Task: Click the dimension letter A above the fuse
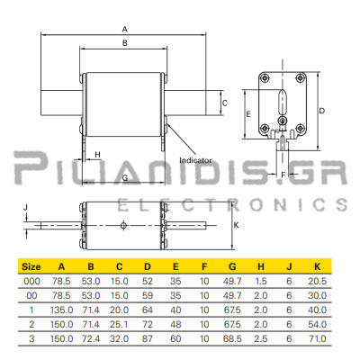coord(125,30)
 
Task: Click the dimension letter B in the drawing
coord(125,43)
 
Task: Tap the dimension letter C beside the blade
coord(225,103)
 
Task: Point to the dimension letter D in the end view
coord(321,111)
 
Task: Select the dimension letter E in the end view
coord(248,114)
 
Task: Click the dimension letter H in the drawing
coord(97,155)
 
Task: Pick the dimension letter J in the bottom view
coord(25,207)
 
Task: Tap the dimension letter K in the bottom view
coord(237,225)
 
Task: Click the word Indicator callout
coord(195,160)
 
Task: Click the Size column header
coord(31,266)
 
